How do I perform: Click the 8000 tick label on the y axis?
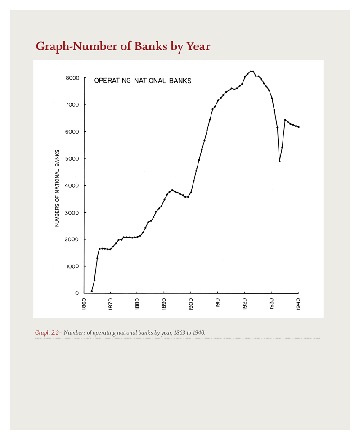[x=72, y=78]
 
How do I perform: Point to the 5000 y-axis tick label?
[x=72, y=158]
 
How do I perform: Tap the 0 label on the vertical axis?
[x=77, y=293]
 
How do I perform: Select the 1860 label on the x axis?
[x=84, y=304]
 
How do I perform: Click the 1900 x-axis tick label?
[x=191, y=304]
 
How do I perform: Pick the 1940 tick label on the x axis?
[x=298, y=304]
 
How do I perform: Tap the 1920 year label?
[x=245, y=304]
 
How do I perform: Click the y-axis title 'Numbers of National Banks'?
[x=57, y=188]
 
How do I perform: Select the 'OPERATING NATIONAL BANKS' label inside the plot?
[x=143, y=81]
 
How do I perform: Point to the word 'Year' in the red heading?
[x=198, y=46]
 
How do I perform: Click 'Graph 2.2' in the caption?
[x=47, y=333]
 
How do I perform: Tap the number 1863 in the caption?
[x=180, y=333]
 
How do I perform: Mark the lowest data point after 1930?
[x=280, y=162]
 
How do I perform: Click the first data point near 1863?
[x=92, y=291]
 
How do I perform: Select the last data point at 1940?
[x=298, y=127]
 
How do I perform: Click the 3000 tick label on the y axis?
[x=72, y=213]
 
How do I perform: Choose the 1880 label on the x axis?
[x=137, y=304]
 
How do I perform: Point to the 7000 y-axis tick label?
[x=72, y=105]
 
